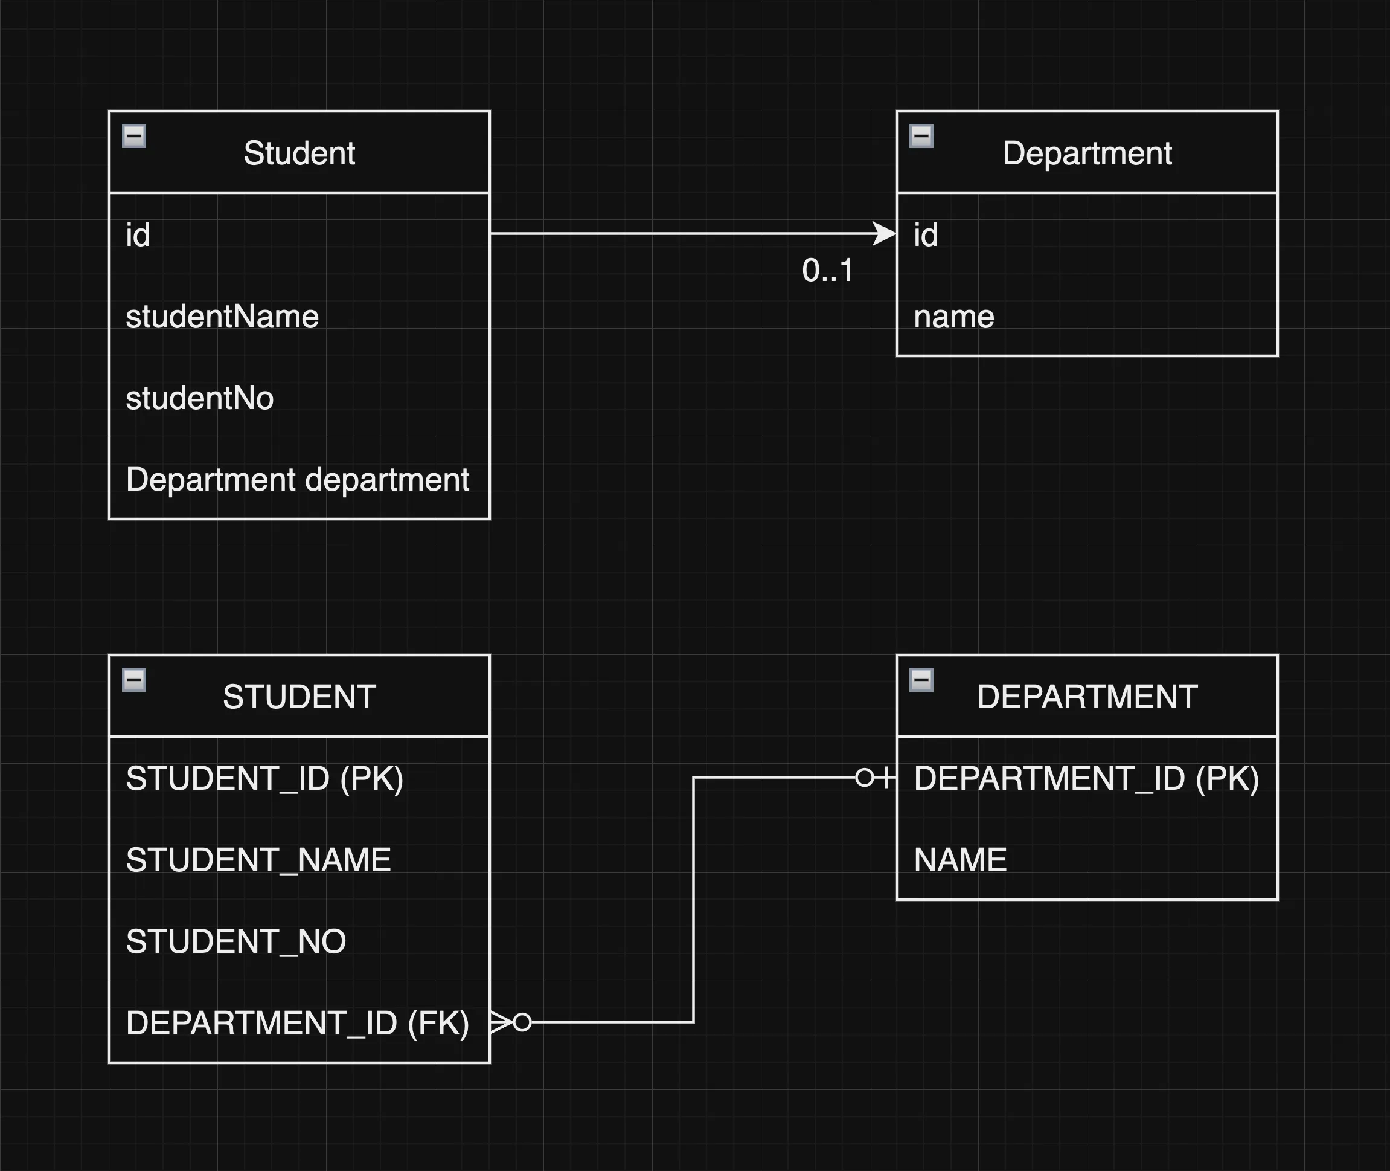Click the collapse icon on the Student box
134,136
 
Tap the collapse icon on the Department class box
921,136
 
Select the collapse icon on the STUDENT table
134,680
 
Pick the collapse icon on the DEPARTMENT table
921,680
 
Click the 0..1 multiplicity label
827,271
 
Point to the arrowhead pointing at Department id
884,234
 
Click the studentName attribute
222,317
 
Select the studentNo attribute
200,398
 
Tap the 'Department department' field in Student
298,480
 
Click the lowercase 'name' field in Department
954,317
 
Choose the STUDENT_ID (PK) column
264,779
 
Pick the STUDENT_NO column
236,942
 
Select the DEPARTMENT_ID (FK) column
298,1023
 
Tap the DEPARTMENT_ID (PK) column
1086,779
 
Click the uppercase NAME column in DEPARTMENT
960,860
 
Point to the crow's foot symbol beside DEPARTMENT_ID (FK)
501,1022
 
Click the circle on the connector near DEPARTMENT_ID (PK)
865,778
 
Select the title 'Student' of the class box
299,153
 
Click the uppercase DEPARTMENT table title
1087,697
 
